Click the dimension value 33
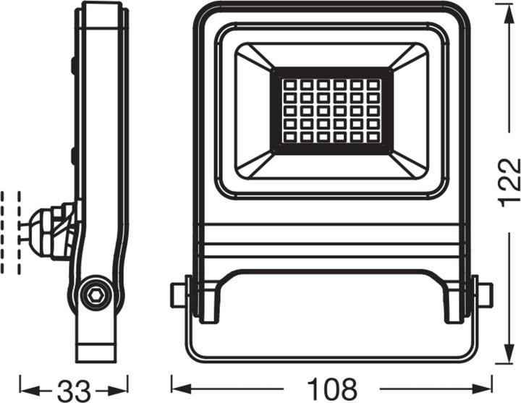74,389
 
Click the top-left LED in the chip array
289,85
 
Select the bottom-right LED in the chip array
373,137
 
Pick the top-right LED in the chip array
373,85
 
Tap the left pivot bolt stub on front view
178,294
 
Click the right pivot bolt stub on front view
484,294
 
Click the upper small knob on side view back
75,65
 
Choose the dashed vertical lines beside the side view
11,232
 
